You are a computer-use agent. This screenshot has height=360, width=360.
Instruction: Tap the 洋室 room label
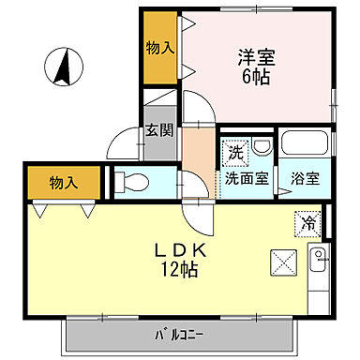(x=254, y=57)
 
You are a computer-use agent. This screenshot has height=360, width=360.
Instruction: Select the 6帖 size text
(x=254, y=78)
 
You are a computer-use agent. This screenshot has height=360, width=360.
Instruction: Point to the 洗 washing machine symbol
(x=233, y=149)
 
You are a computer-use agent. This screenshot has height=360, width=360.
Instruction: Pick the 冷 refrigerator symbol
(x=308, y=223)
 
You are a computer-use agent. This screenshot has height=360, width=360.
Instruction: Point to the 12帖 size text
(x=178, y=272)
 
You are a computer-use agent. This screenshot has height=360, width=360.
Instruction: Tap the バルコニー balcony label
(x=181, y=333)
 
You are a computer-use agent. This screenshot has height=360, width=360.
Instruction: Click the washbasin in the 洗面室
(x=261, y=145)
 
